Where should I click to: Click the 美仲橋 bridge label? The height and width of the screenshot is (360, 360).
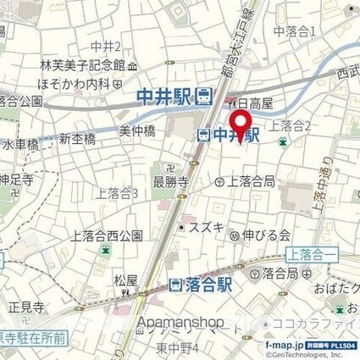136,131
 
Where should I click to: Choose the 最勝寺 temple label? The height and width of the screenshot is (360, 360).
169,180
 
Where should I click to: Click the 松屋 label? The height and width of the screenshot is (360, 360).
126,280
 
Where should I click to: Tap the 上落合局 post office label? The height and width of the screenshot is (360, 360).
249,180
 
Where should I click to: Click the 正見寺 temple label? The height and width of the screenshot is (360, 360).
25,308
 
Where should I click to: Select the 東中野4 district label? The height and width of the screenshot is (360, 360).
178,347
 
